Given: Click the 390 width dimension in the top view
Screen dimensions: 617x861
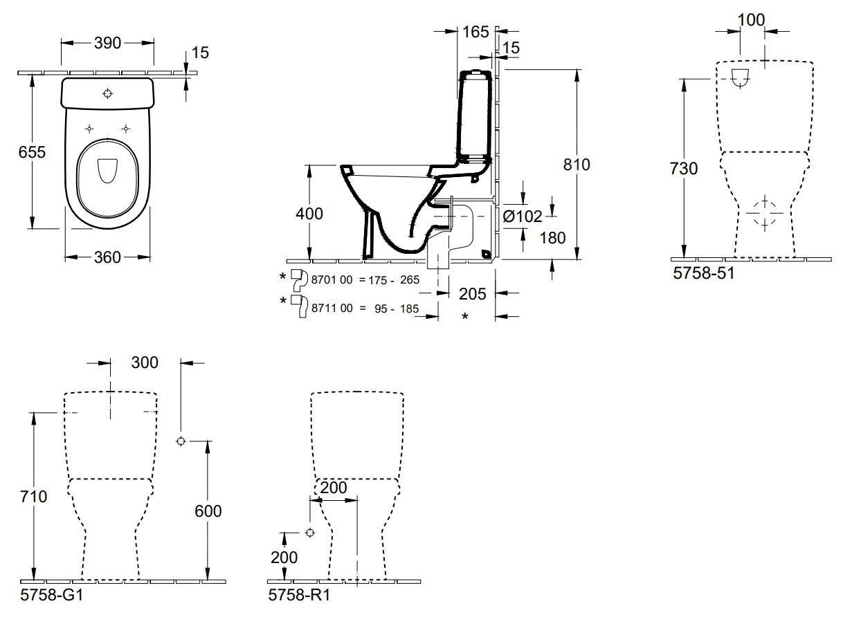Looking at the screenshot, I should (107, 43).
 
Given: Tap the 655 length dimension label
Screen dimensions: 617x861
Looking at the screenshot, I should (32, 151).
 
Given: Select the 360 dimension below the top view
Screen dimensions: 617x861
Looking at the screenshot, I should (107, 257).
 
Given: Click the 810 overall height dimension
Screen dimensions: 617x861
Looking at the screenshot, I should (576, 165).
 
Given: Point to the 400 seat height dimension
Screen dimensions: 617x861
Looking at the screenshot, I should (309, 214).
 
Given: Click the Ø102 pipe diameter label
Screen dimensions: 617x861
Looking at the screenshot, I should (523, 217).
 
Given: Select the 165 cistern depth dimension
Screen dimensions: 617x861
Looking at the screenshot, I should (475, 31).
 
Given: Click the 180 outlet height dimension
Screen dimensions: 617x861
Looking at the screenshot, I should (552, 237).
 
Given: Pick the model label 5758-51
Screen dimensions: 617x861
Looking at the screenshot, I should (703, 273).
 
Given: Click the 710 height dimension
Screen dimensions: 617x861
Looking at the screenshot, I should (33, 496).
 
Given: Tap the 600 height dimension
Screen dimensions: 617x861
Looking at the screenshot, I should (207, 510).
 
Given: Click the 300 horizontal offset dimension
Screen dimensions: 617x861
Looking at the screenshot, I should (144, 362).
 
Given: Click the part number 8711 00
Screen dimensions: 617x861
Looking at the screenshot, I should (333, 308).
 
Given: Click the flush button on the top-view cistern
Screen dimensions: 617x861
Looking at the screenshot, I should (108, 93).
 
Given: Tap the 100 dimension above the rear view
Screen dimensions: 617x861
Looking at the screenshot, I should (751, 19).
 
